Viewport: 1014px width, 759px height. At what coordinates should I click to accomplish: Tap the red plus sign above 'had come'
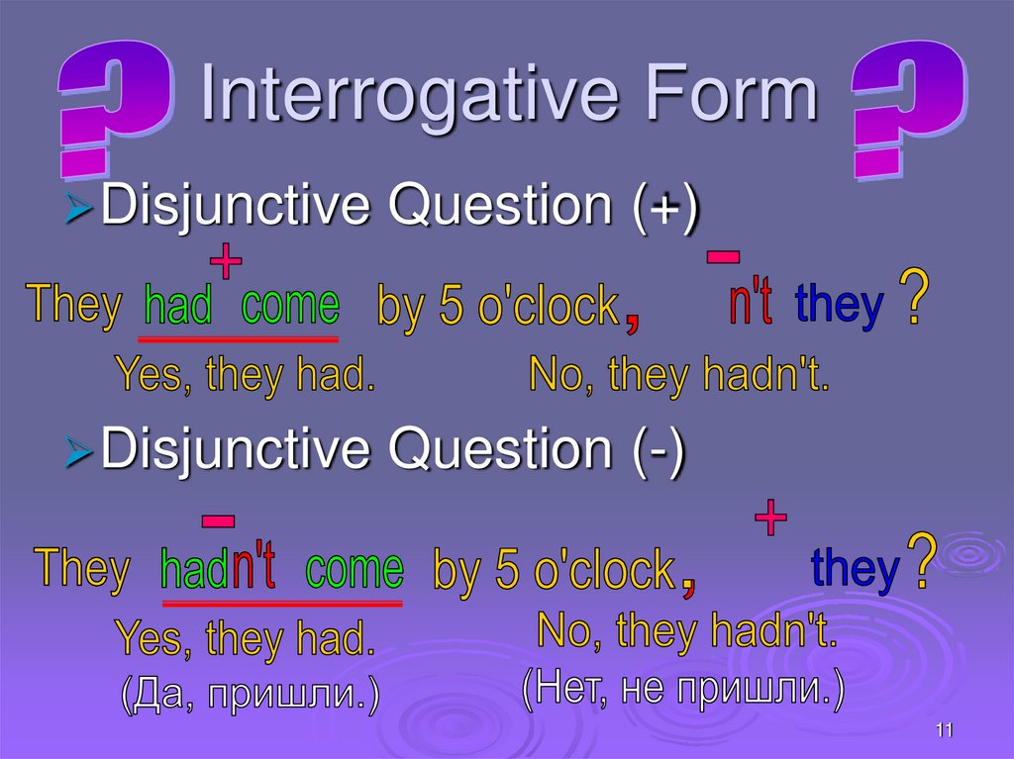(226, 262)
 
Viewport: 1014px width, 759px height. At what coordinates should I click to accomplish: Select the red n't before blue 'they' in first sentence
(751, 304)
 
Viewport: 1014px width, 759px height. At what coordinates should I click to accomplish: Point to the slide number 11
(943, 730)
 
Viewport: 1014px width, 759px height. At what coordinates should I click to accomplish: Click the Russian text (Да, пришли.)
(250, 695)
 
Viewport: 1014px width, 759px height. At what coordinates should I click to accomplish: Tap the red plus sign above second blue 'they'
(770, 518)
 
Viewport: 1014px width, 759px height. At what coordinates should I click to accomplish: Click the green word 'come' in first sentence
(290, 306)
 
